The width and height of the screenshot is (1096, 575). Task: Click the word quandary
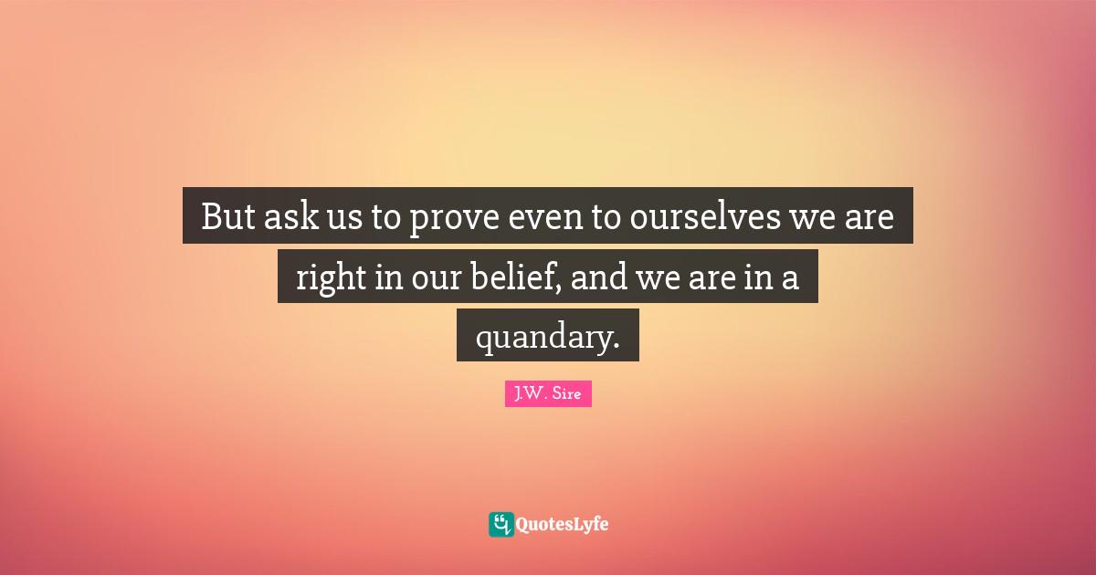point(539,338)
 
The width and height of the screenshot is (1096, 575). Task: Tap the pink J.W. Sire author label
point(548,395)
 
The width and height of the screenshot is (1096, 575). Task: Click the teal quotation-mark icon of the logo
point(501,524)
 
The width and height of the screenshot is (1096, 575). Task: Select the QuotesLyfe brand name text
point(563,525)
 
